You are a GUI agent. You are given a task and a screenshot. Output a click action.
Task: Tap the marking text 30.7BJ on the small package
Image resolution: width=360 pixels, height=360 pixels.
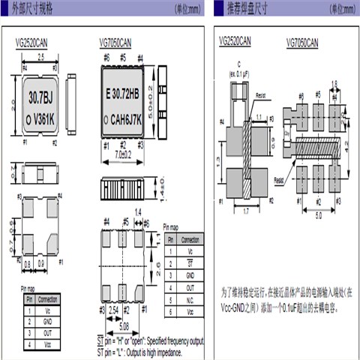[x=42, y=97]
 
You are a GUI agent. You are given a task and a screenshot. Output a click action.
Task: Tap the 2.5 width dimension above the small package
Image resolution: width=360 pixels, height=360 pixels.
[x=43, y=57]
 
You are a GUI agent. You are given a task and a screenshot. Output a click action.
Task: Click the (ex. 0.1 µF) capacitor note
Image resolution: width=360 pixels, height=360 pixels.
[x=240, y=73]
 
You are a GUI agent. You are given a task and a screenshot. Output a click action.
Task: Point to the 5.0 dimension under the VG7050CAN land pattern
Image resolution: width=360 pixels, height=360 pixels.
[x=318, y=215]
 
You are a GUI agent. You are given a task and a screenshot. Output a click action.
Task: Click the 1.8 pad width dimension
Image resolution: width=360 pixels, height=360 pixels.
[x=334, y=84]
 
